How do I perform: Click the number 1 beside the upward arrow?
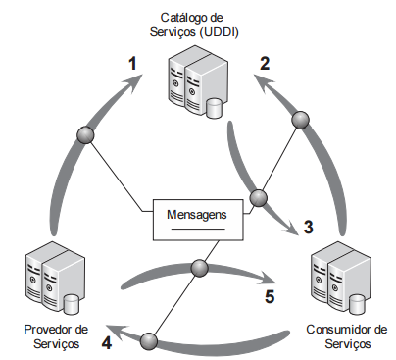point(132,63)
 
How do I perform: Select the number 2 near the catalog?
point(265,63)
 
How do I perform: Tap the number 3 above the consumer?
point(308,227)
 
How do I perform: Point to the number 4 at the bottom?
point(107,343)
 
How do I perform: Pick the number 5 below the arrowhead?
point(270,296)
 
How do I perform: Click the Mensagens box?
point(198,220)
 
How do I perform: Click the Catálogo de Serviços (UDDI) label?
point(194,25)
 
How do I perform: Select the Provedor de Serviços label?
point(56,336)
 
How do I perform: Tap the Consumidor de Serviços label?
point(347,336)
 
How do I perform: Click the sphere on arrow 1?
point(85,134)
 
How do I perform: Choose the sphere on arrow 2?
point(300,120)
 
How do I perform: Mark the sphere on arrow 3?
point(258,197)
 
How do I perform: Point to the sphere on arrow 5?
point(199,268)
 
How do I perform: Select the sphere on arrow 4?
point(149,341)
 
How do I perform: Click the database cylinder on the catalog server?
point(214,108)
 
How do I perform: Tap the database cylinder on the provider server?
point(71,304)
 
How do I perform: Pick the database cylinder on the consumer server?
point(356,304)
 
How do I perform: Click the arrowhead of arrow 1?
point(134,81)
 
